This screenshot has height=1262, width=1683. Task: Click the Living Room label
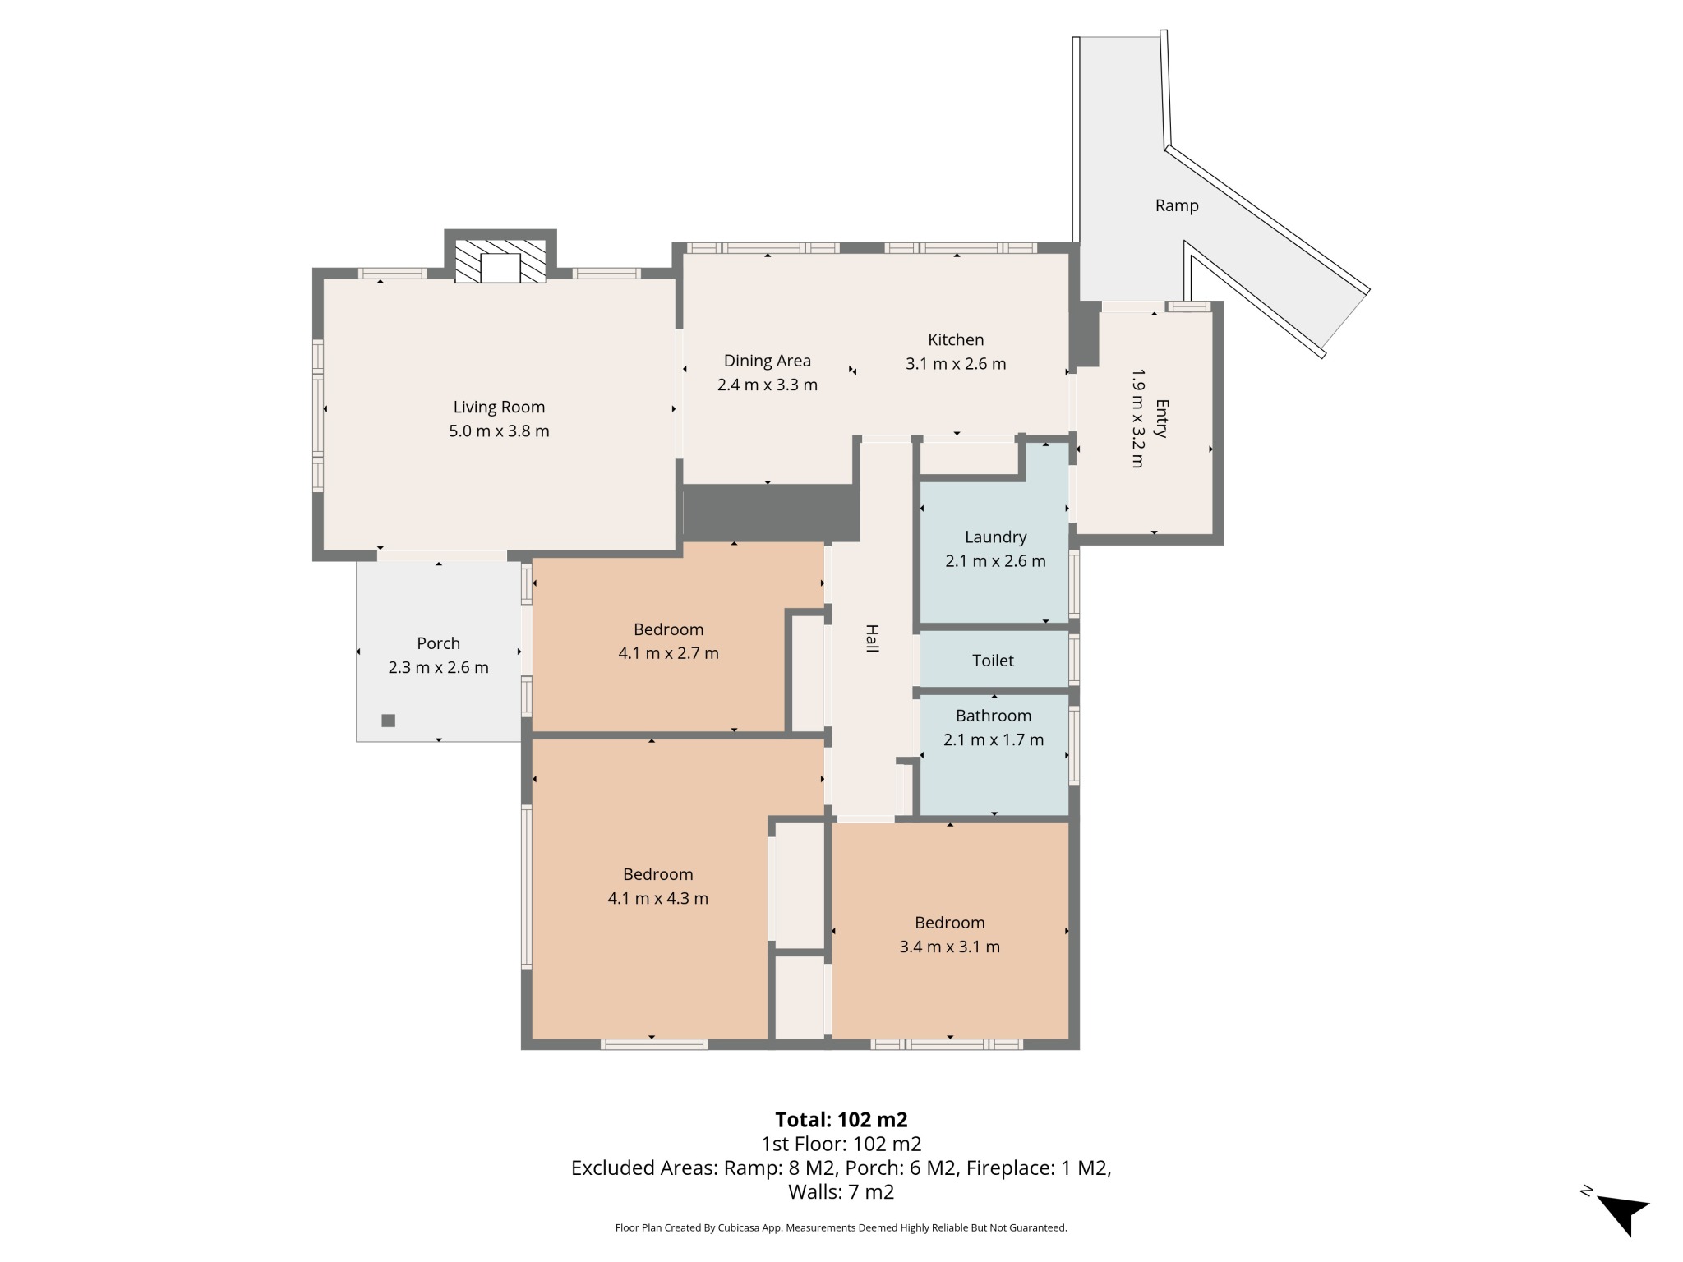click(499, 407)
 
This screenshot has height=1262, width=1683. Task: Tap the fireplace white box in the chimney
click(500, 269)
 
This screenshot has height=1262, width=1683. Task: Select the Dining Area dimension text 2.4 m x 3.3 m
click(767, 385)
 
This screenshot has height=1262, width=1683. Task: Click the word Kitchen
click(956, 339)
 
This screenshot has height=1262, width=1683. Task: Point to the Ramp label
click(1177, 205)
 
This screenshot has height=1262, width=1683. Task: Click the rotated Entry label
click(1161, 418)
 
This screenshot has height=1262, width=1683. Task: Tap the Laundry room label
click(995, 537)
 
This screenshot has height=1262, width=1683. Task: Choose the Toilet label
click(993, 661)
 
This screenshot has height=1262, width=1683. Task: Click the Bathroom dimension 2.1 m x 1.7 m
click(994, 739)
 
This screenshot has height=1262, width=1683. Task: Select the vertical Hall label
click(872, 638)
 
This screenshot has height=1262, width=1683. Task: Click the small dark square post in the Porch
click(389, 721)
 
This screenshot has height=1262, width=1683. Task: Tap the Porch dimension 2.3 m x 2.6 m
click(438, 667)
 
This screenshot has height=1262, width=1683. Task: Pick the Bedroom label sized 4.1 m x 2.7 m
click(668, 629)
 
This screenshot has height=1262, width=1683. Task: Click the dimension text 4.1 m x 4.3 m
click(657, 898)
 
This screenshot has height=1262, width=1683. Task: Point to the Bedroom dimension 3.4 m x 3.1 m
click(949, 946)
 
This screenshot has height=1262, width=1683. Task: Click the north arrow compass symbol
click(1621, 1211)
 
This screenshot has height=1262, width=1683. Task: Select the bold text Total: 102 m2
click(841, 1120)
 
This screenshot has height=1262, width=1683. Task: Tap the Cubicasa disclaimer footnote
click(841, 1227)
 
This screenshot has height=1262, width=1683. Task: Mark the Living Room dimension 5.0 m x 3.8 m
click(499, 431)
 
